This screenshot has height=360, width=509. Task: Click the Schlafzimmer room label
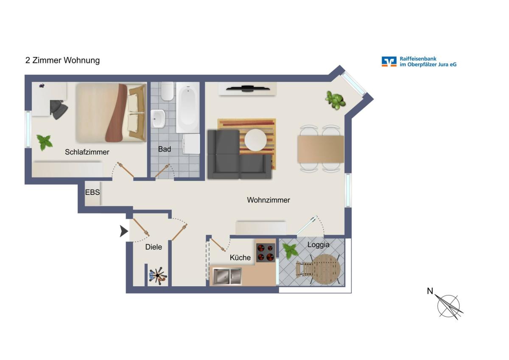[x=87, y=152]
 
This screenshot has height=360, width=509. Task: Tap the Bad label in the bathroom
[x=164, y=149]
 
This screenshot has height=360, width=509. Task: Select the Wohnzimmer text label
[x=268, y=200]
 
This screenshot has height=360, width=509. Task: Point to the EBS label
[x=92, y=192]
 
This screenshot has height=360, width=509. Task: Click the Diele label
[x=154, y=247]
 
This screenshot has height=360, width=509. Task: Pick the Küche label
[x=240, y=257]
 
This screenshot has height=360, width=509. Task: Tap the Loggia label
[x=319, y=245]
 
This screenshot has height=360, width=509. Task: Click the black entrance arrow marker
[x=124, y=231]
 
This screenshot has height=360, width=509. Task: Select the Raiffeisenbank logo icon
[x=389, y=62]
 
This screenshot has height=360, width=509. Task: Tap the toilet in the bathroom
[x=167, y=91]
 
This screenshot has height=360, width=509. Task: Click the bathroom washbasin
[x=158, y=118]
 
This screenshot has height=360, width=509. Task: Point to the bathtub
[x=187, y=107]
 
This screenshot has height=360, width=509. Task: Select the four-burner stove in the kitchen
[x=266, y=253]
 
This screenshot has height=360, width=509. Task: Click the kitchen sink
[x=227, y=276]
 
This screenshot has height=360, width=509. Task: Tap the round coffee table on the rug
[x=255, y=140]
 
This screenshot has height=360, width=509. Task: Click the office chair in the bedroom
[x=58, y=109]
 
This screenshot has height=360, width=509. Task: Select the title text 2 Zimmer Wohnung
[x=62, y=60]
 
